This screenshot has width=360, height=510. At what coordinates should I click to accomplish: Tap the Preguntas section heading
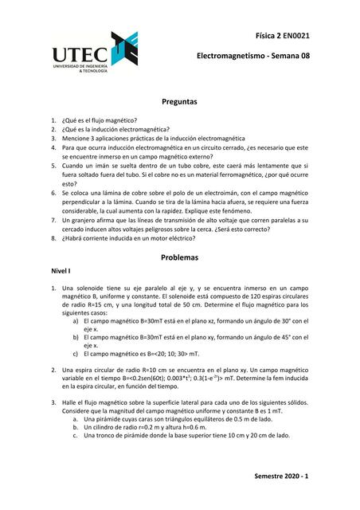(x=179, y=103)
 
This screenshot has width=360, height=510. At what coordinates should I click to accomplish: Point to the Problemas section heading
(x=179, y=258)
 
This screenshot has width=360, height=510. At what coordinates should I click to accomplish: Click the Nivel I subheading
(x=61, y=272)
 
